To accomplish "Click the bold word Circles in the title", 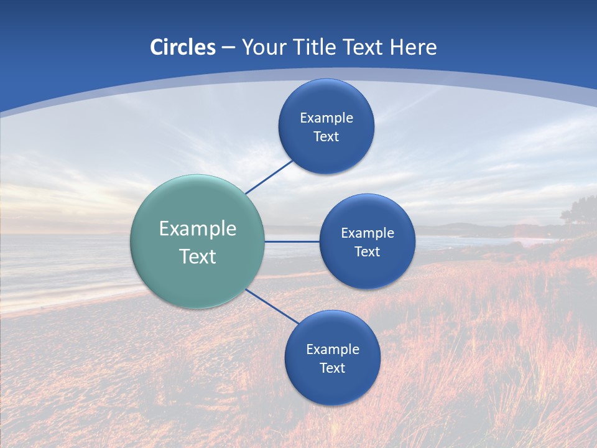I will pyautogui.click(x=182, y=47).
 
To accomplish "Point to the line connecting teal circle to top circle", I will pyautogui.click(x=269, y=177).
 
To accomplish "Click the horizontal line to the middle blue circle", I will pyautogui.click(x=292, y=241).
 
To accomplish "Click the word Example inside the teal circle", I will pyautogui.click(x=198, y=229).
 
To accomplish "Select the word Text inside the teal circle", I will pyautogui.click(x=198, y=256).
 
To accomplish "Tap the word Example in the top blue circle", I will pyautogui.click(x=326, y=118).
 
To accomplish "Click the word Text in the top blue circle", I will pyautogui.click(x=326, y=137).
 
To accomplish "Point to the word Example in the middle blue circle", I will pyautogui.click(x=368, y=233).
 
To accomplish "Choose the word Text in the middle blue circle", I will pyautogui.click(x=367, y=252).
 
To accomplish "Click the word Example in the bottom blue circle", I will pyautogui.click(x=333, y=350).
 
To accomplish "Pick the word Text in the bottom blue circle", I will pyautogui.click(x=332, y=368).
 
